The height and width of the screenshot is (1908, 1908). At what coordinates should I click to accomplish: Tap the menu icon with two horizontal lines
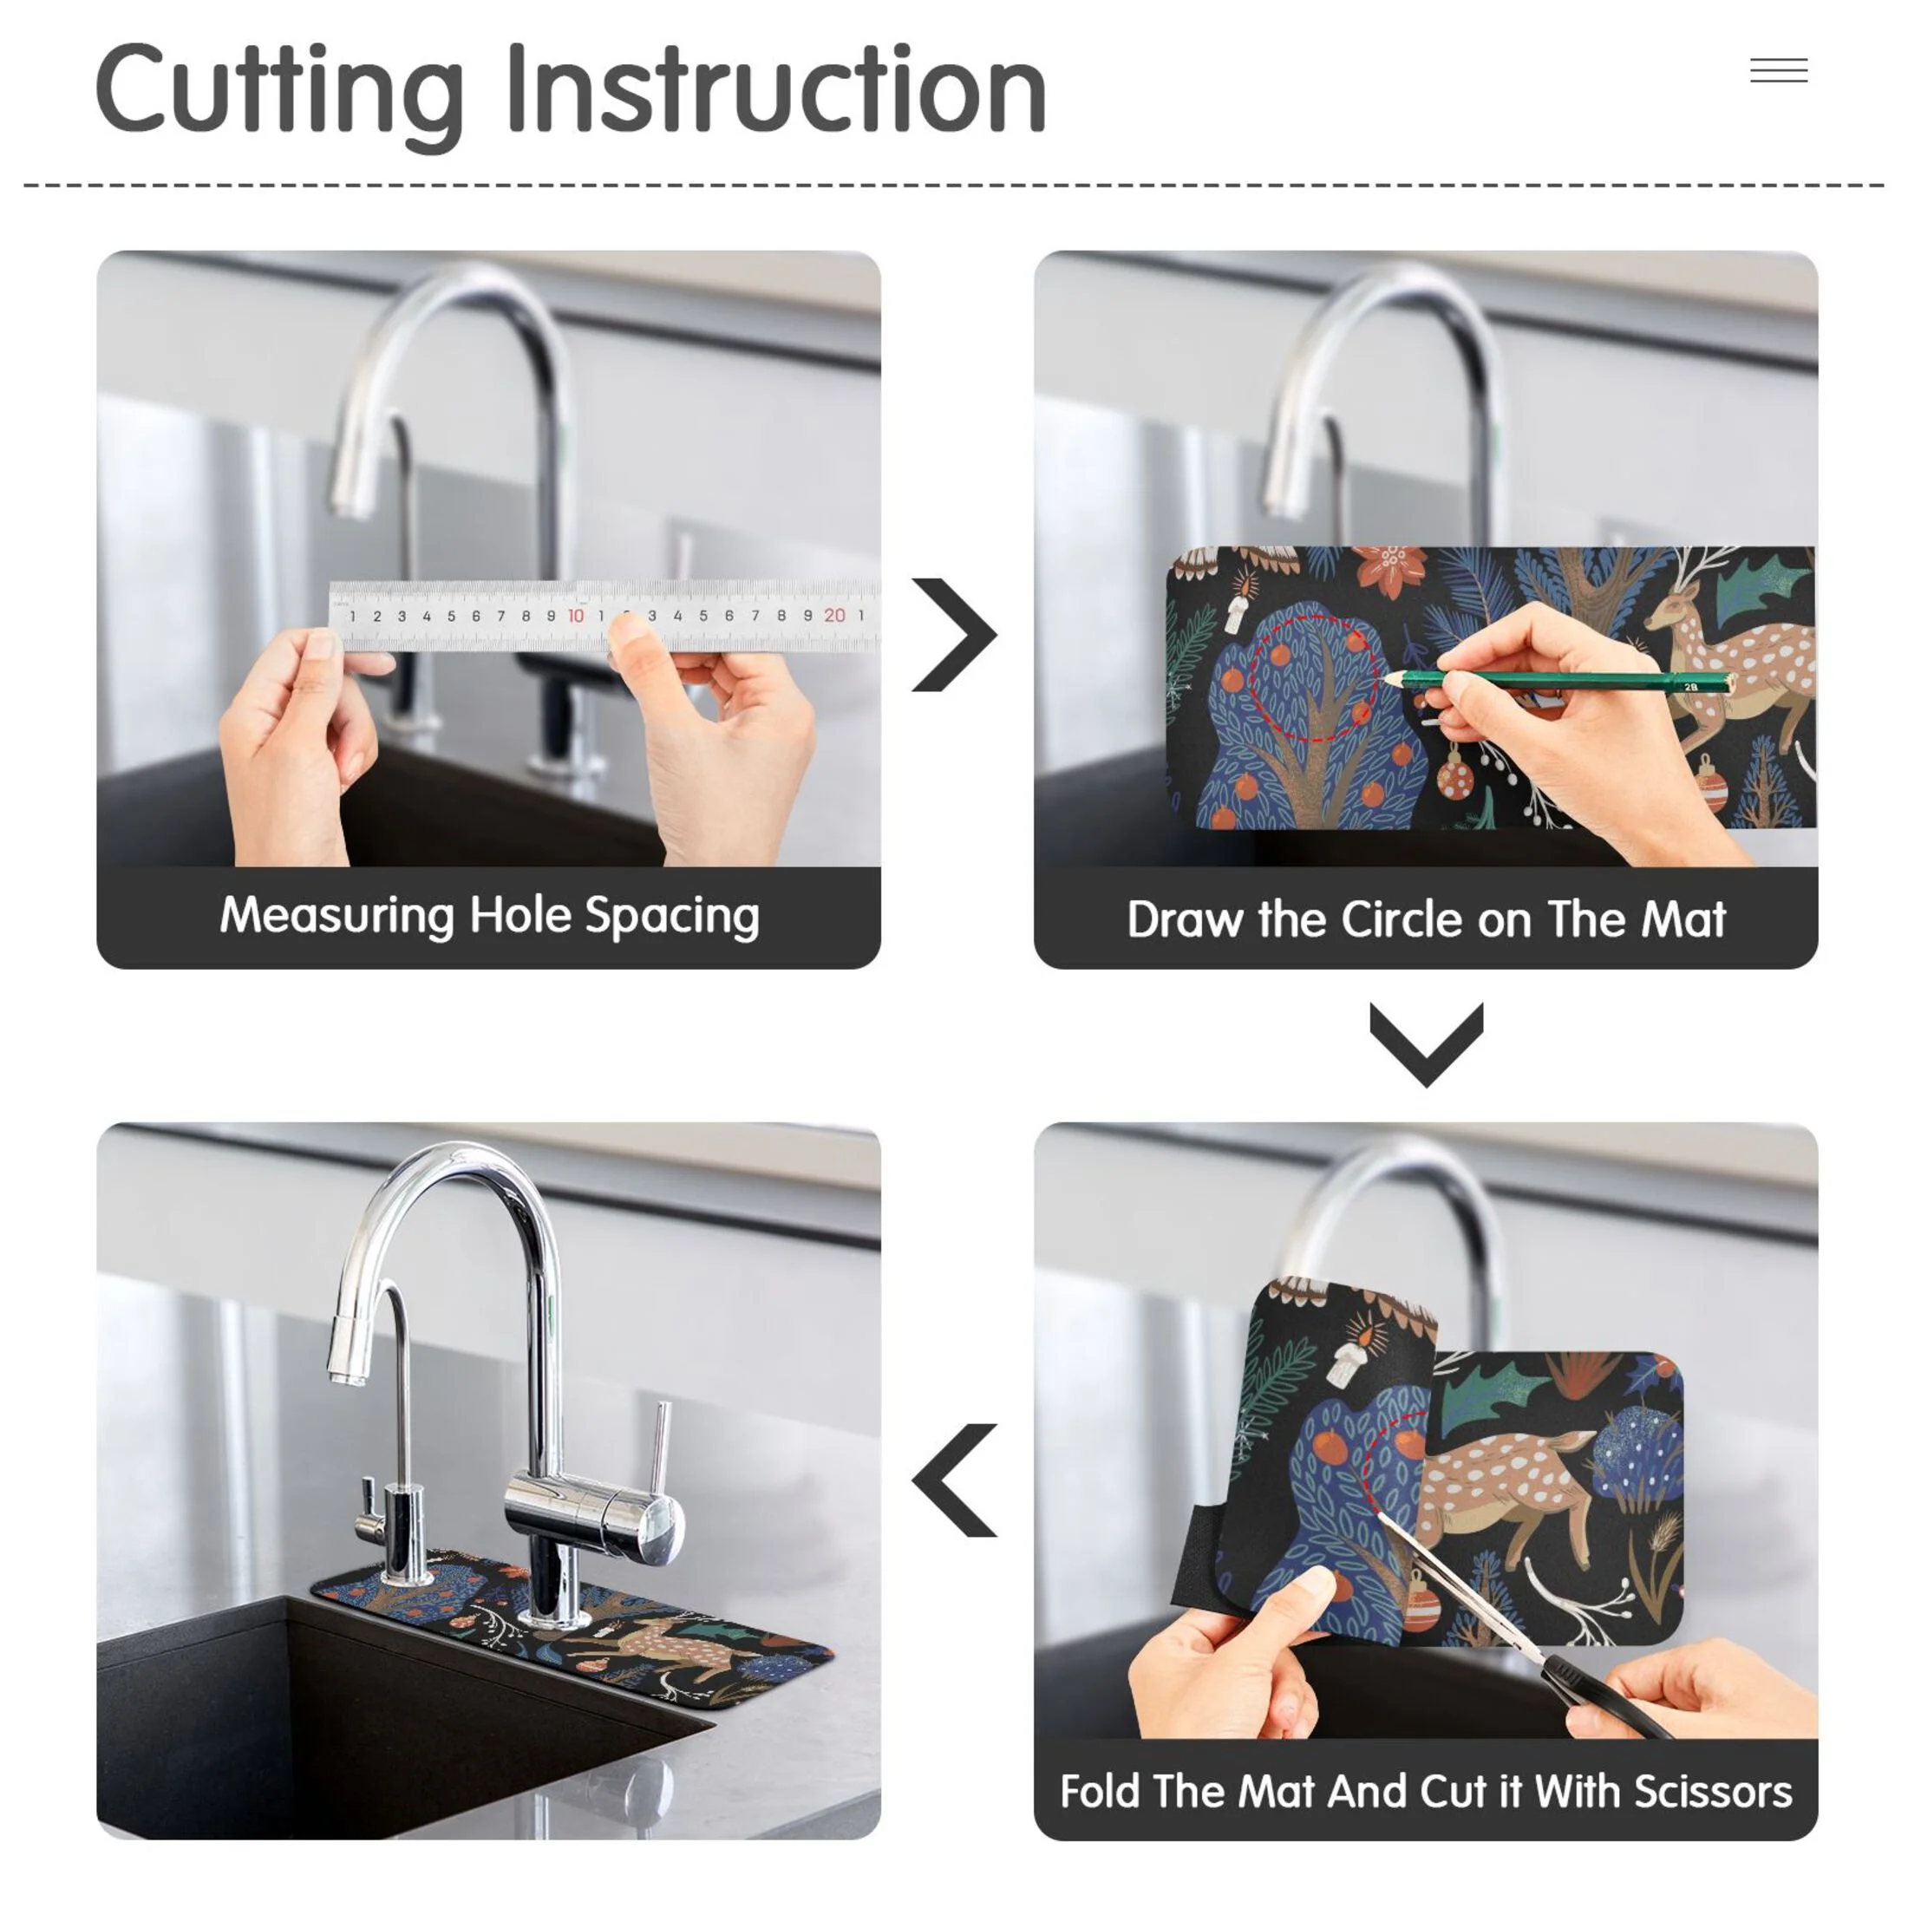[1779, 70]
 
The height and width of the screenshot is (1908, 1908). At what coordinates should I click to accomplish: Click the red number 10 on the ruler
[576, 615]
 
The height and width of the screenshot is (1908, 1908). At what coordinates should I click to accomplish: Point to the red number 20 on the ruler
[834, 615]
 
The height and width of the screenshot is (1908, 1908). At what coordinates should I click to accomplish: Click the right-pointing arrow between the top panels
[954, 634]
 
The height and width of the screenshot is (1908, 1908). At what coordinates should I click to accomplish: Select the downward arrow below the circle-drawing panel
[1426, 1044]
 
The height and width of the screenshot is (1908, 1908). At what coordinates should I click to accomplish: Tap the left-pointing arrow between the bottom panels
[954, 1480]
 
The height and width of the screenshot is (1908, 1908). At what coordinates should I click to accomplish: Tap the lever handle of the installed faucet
[660, 1460]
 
